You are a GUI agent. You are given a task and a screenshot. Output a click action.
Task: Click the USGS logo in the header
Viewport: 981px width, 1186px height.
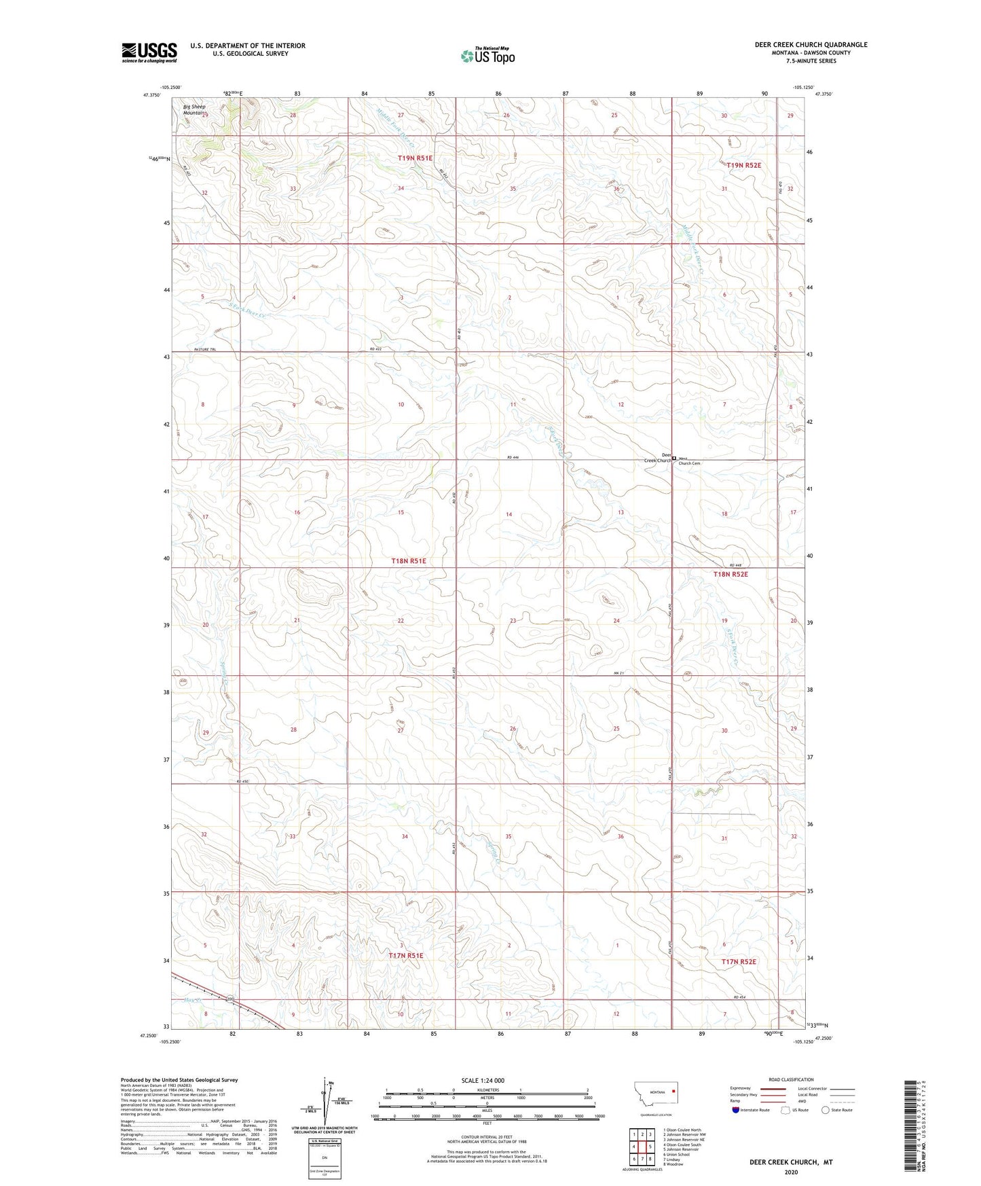click(x=149, y=52)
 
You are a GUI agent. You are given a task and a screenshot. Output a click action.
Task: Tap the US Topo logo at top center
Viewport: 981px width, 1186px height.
click(x=487, y=56)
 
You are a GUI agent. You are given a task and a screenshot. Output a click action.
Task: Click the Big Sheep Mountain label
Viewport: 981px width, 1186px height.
click(x=194, y=109)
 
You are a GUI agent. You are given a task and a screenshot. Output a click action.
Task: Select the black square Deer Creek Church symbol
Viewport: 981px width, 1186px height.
click(x=674, y=459)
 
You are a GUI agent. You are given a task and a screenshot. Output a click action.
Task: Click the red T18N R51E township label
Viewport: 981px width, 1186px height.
click(x=409, y=561)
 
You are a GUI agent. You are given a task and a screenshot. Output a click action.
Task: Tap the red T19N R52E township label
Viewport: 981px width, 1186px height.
click(x=743, y=165)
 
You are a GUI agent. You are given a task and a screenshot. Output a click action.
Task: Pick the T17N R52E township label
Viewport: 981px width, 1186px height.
click(x=738, y=961)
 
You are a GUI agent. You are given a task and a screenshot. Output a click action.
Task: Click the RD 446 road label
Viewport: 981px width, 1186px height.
click(x=513, y=458)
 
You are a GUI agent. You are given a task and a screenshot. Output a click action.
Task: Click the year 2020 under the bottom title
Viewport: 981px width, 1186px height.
click(x=790, y=1172)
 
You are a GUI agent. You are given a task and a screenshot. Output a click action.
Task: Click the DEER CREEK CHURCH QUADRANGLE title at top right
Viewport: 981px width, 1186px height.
click(x=811, y=45)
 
